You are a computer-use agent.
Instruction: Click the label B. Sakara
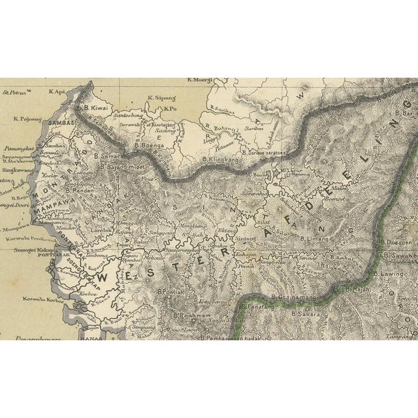[305, 314]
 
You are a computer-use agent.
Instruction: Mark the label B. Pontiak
[172, 291]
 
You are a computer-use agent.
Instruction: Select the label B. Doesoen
[398, 242]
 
